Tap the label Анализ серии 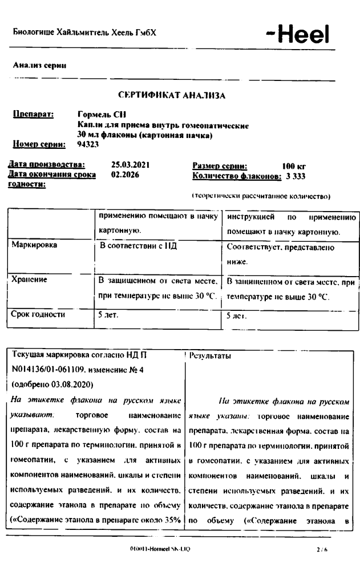[x=39, y=66]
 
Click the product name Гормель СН [x=98, y=115]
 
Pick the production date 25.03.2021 [x=130, y=165]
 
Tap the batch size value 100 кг [x=295, y=165]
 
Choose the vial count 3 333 [x=296, y=175]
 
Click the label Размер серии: [x=220, y=165]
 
